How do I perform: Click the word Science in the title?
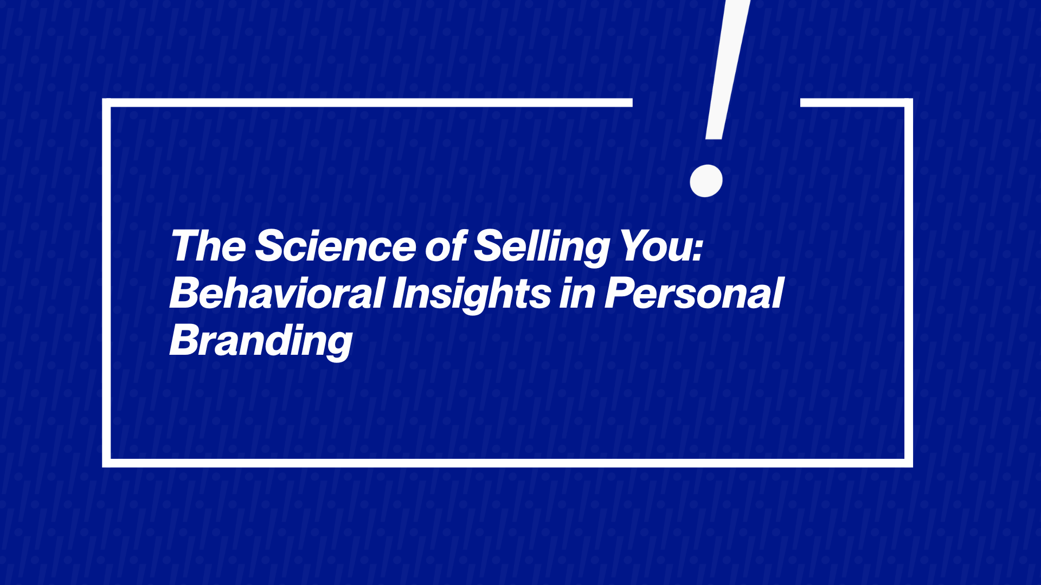(335, 246)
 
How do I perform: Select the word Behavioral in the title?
(277, 293)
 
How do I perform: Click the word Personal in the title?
(694, 293)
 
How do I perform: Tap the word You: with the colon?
(661, 246)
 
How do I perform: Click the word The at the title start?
(209, 246)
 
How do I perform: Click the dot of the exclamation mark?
(706, 181)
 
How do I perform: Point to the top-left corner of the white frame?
(106, 102)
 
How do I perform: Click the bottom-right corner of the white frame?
(909, 463)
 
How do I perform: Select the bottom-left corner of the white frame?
(106, 463)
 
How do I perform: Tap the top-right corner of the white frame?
(909, 102)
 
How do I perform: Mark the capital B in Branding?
(188, 340)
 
